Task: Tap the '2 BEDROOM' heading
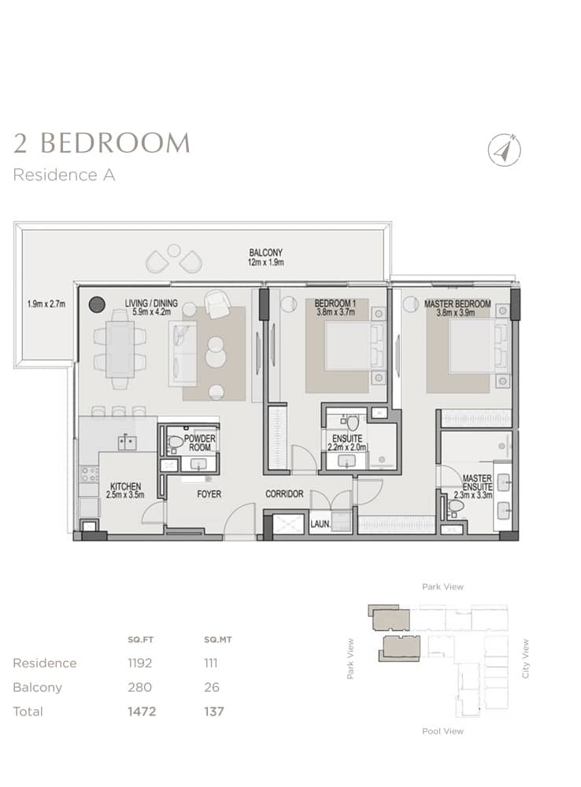[x=102, y=143]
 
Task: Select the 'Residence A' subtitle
[x=65, y=175]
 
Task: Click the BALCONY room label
[x=266, y=253]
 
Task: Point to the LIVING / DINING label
[x=151, y=303]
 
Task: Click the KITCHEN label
[x=126, y=486]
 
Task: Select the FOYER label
[x=209, y=495]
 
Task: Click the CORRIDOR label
[x=284, y=495]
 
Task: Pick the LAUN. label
[x=319, y=522]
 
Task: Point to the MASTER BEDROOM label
[x=457, y=304]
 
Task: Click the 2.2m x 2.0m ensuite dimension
[x=346, y=447]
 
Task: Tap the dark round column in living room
[x=97, y=305]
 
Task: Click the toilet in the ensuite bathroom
[x=353, y=423]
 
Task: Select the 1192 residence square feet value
[x=141, y=663]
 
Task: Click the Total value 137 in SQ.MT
[x=213, y=711]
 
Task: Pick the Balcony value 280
[x=139, y=687]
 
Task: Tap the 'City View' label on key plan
[x=526, y=658]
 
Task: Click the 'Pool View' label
[x=442, y=731]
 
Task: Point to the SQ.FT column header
[x=139, y=640]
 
